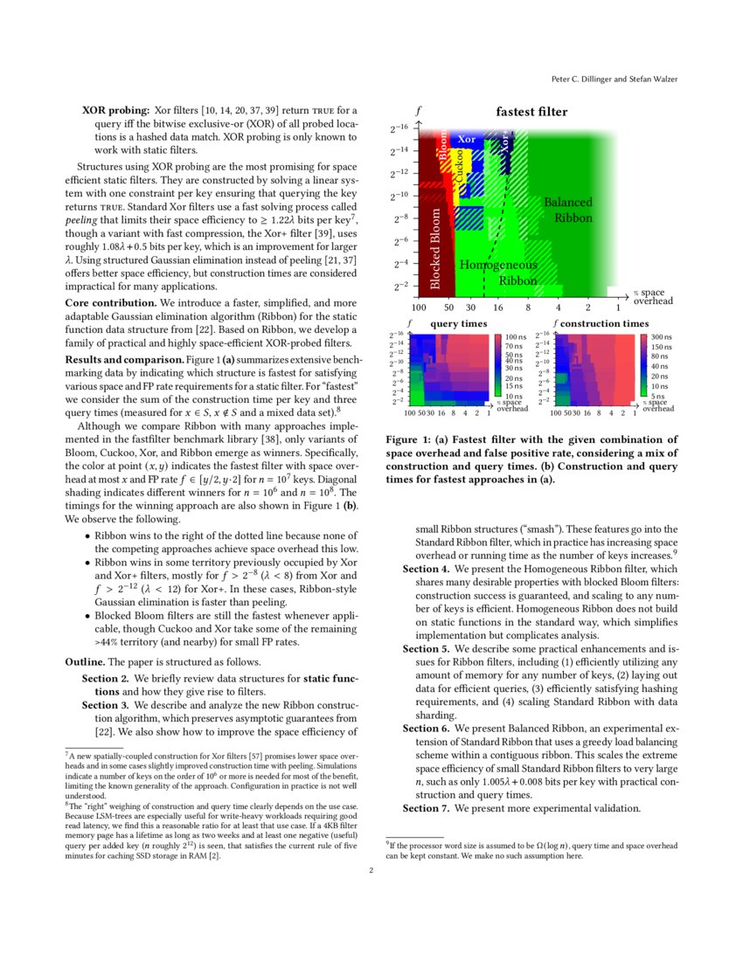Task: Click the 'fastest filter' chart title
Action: click(x=531, y=112)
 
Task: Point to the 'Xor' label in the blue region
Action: click(x=467, y=140)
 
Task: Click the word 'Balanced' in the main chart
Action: click(x=568, y=203)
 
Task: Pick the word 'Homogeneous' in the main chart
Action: click(x=498, y=265)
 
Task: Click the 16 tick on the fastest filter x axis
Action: click(x=498, y=308)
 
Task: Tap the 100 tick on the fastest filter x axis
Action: click(x=419, y=308)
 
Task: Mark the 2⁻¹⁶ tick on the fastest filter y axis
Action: click(x=399, y=128)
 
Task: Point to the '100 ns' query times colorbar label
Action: click(x=517, y=337)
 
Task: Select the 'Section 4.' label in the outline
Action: click(x=427, y=569)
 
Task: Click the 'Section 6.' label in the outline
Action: click(x=427, y=728)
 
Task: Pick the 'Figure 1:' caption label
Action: click(x=410, y=439)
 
